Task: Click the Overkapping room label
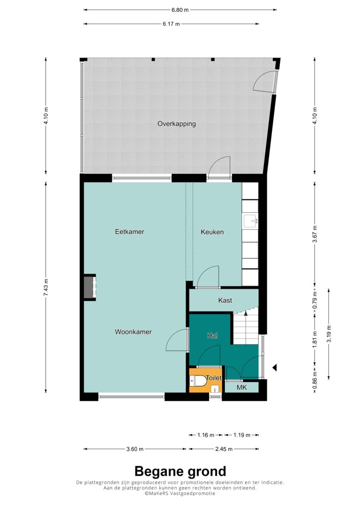177,124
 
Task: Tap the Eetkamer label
129,232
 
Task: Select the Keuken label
212,232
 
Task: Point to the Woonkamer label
133,332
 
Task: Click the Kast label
225,300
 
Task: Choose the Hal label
212,336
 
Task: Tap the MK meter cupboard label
241,387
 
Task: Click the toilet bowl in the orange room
197,381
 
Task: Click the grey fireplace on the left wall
90,287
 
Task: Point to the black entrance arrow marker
274,367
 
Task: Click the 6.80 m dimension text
180,10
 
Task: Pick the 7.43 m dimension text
46,287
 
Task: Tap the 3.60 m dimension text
135,449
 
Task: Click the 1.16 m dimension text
206,435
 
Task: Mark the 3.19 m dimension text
329,334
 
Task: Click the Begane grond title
180,471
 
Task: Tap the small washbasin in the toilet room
215,389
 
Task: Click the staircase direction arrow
246,313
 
